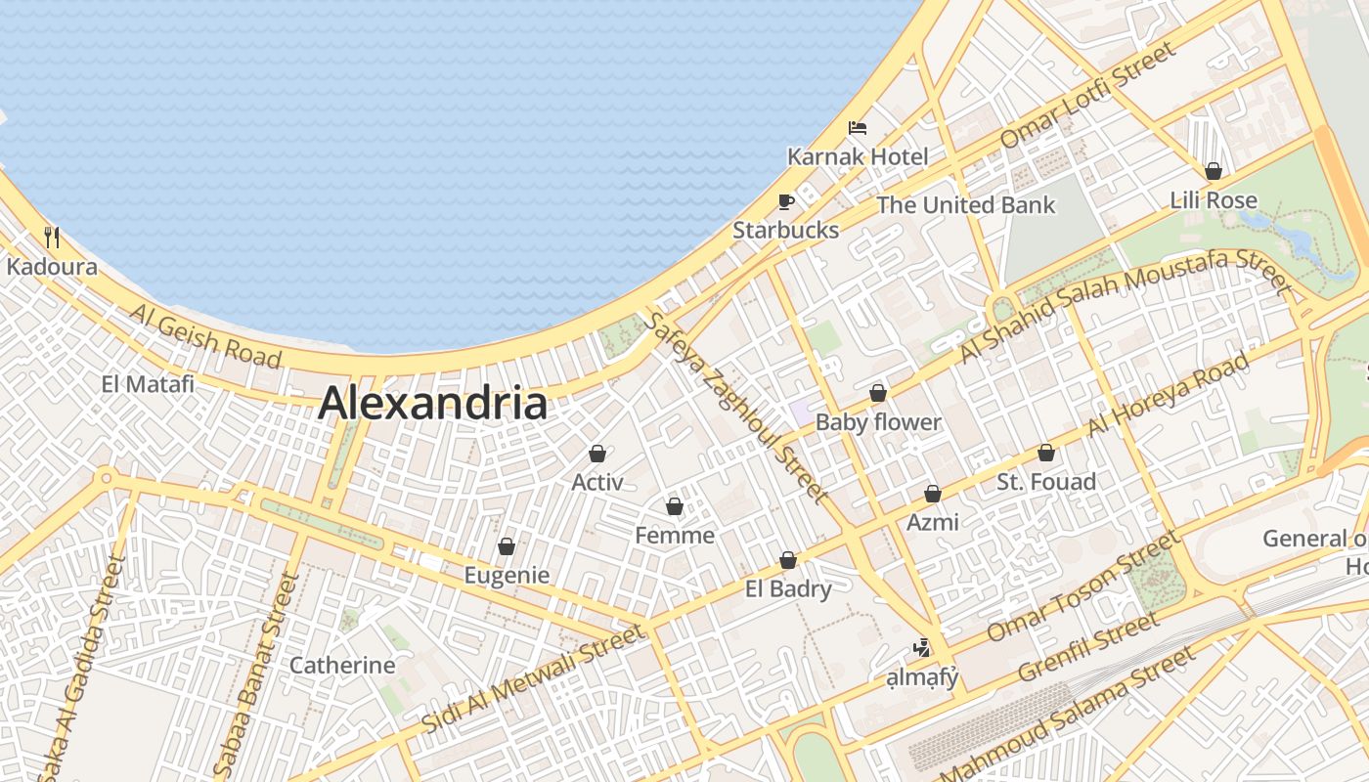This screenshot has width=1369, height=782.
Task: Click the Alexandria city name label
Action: point(432,403)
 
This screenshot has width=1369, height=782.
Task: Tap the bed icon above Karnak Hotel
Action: point(858,128)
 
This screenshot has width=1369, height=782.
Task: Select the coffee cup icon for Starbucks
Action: point(785,202)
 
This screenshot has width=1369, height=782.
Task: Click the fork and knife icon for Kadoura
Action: point(53,238)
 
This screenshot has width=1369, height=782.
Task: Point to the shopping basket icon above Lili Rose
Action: point(1214,172)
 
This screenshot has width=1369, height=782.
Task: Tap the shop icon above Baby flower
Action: point(878,394)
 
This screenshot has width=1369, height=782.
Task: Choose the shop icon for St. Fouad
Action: point(1046,454)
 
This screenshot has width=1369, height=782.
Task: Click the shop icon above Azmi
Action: point(933,495)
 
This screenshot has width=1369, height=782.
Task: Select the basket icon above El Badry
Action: point(788,561)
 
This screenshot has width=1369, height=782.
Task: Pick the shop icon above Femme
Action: point(674,507)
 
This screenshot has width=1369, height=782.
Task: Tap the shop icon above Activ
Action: point(596,455)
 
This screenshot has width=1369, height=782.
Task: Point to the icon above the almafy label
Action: point(920,647)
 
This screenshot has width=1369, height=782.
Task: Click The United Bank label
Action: point(965,205)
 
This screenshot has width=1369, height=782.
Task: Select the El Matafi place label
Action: point(148,384)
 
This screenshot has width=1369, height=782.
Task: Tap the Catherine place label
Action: point(342,666)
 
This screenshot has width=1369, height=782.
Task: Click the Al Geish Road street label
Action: point(205,335)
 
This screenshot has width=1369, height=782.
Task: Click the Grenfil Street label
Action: point(1088,648)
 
